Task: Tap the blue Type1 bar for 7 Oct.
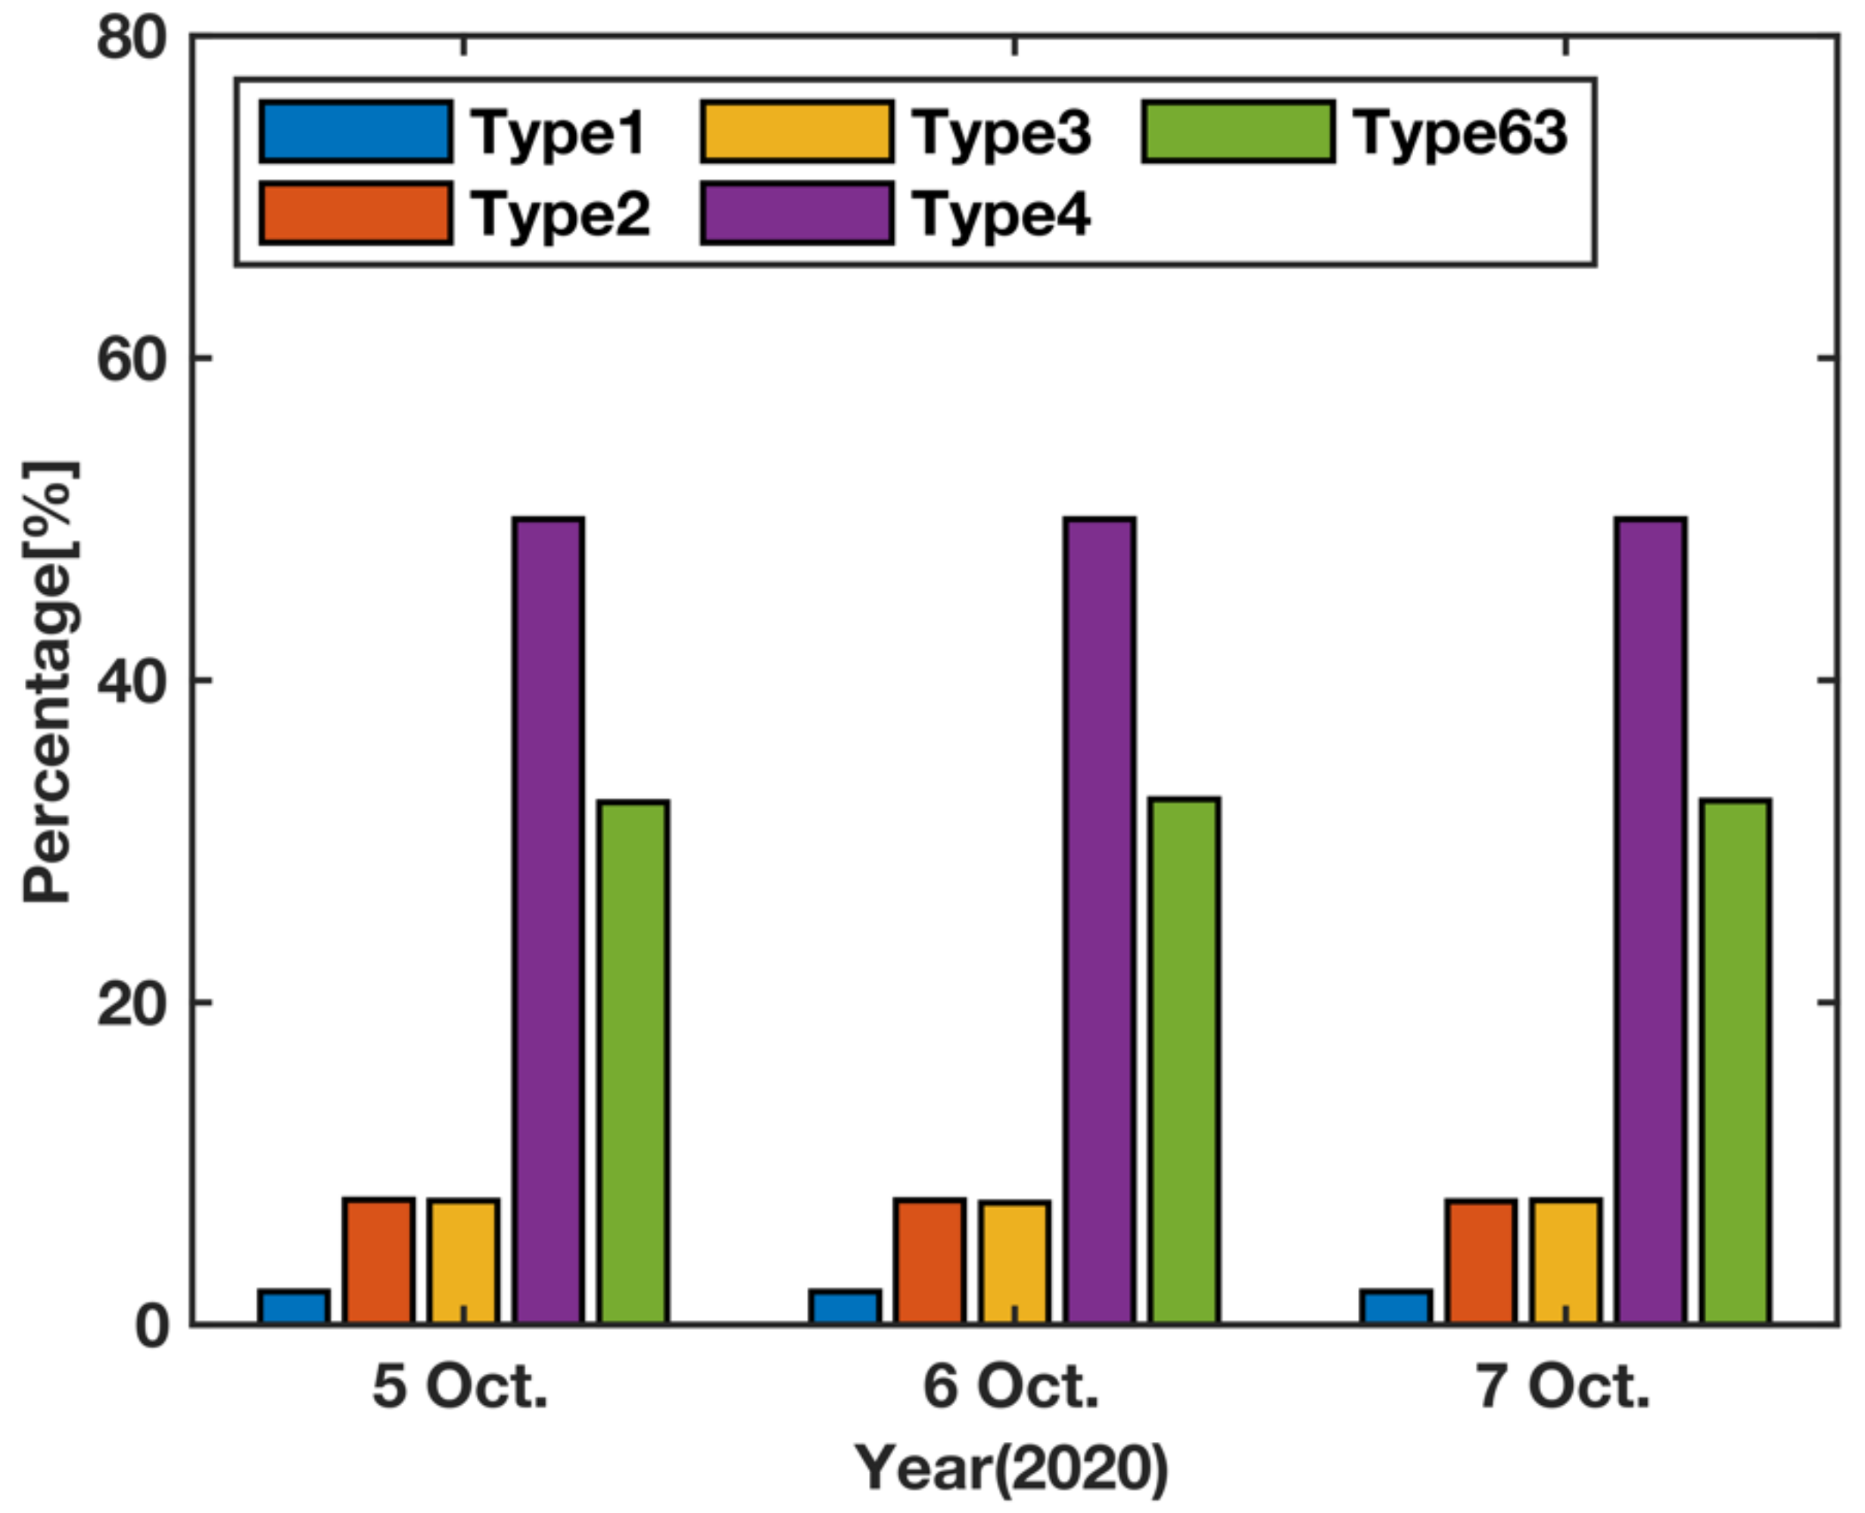[x=1395, y=1306]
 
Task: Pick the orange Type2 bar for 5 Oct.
[x=378, y=1260]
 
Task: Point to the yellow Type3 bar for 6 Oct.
[x=1014, y=1261]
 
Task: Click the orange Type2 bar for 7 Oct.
[x=1480, y=1260]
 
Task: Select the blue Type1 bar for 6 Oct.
[x=844, y=1306]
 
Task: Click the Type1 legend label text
[x=558, y=133]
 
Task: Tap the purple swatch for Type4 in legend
[x=797, y=213]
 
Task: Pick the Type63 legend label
[x=1460, y=133]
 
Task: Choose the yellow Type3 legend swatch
[x=797, y=132]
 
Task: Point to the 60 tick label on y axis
[x=131, y=359]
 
